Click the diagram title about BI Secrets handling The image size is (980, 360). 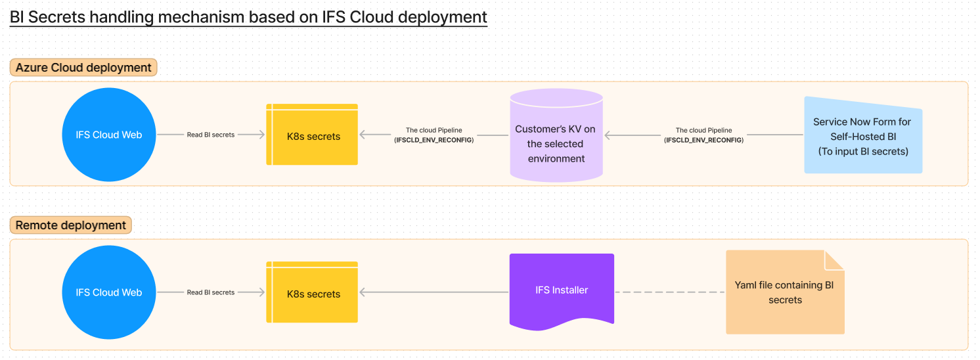[x=248, y=17]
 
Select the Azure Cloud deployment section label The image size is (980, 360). [x=83, y=68]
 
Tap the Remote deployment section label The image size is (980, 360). [x=71, y=225]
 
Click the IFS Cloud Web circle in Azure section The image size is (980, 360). [x=108, y=135]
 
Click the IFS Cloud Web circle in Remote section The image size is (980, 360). [x=108, y=292]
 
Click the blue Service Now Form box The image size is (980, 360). [x=862, y=136]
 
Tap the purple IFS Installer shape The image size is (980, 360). [x=562, y=289]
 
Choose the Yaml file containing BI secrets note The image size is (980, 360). [x=784, y=293]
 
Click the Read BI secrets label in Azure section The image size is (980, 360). [x=211, y=135]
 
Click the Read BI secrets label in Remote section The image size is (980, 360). [x=211, y=292]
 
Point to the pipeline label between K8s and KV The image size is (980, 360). [x=434, y=135]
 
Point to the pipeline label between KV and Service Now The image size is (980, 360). [x=703, y=135]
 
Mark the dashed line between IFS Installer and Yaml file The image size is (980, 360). [x=670, y=292]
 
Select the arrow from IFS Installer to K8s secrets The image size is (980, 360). [x=434, y=292]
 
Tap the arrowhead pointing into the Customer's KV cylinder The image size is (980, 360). [x=608, y=135]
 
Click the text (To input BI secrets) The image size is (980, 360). [x=862, y=151]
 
